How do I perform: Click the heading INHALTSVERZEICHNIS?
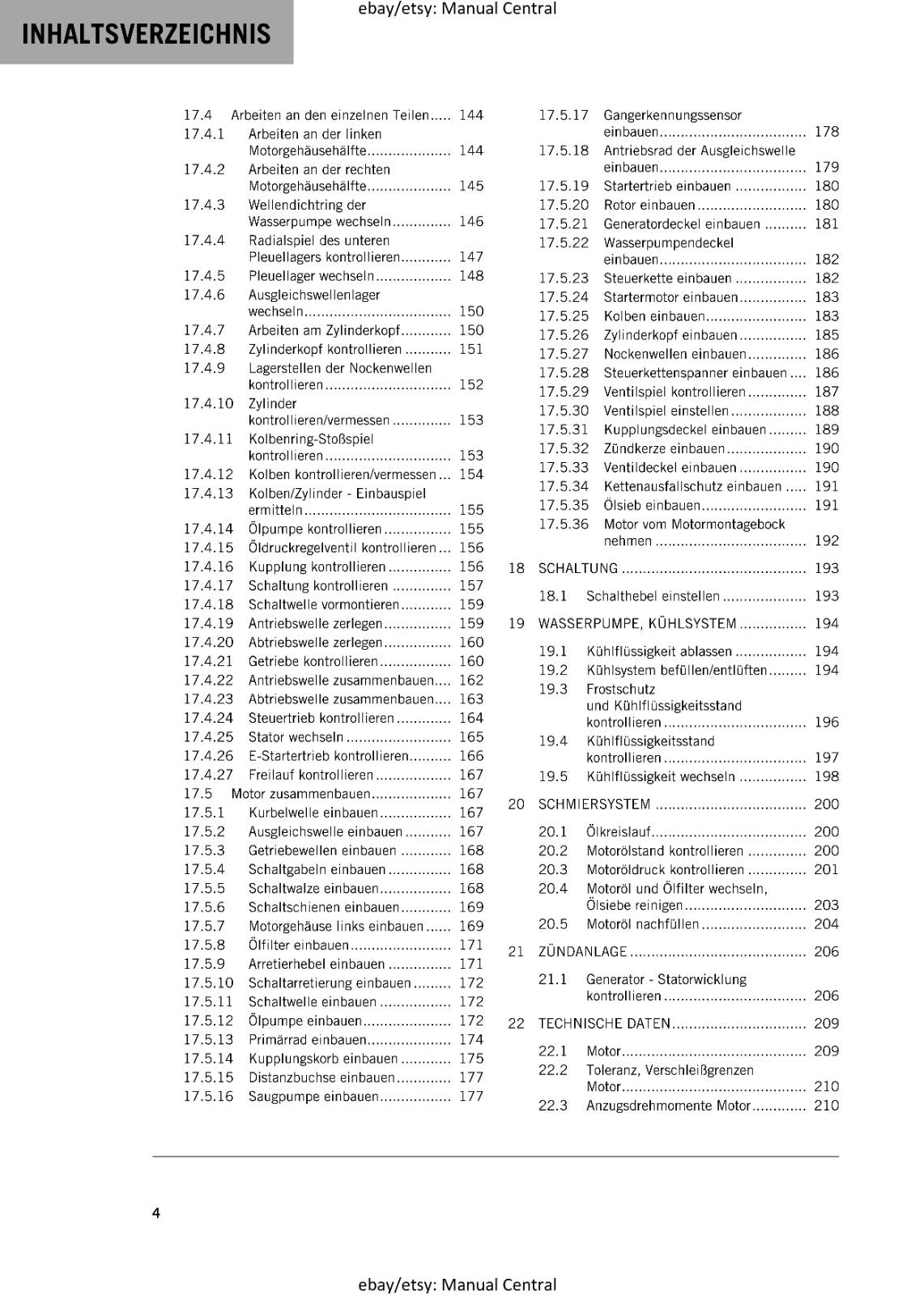pos(147,34)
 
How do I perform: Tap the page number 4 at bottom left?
pos(156,1212)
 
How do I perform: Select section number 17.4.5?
pos(204,276)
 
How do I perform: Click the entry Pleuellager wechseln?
pos(311,276)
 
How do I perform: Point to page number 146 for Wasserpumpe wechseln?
pos(470,222)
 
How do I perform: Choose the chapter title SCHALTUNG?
pos(577,568)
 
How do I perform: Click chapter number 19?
pos(516,623)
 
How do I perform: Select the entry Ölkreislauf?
pos(618,831)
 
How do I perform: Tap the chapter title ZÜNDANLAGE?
pos(582,952)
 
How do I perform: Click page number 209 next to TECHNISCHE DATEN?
pos(826,1023)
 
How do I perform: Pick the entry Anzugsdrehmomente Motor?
pos(668,1106)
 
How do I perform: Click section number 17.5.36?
pos(564,524)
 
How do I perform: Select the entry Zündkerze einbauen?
pos(664,448)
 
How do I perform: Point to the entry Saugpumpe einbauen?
pos(313,1097)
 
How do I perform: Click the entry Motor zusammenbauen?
pos(300,794)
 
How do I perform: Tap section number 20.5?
pos(553,924)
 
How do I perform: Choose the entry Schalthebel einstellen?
pos(653,597)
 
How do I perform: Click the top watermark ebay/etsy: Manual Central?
pos(457,9)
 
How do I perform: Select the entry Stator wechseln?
pos(296,737)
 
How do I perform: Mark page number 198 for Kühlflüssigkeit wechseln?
pos(826,777)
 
